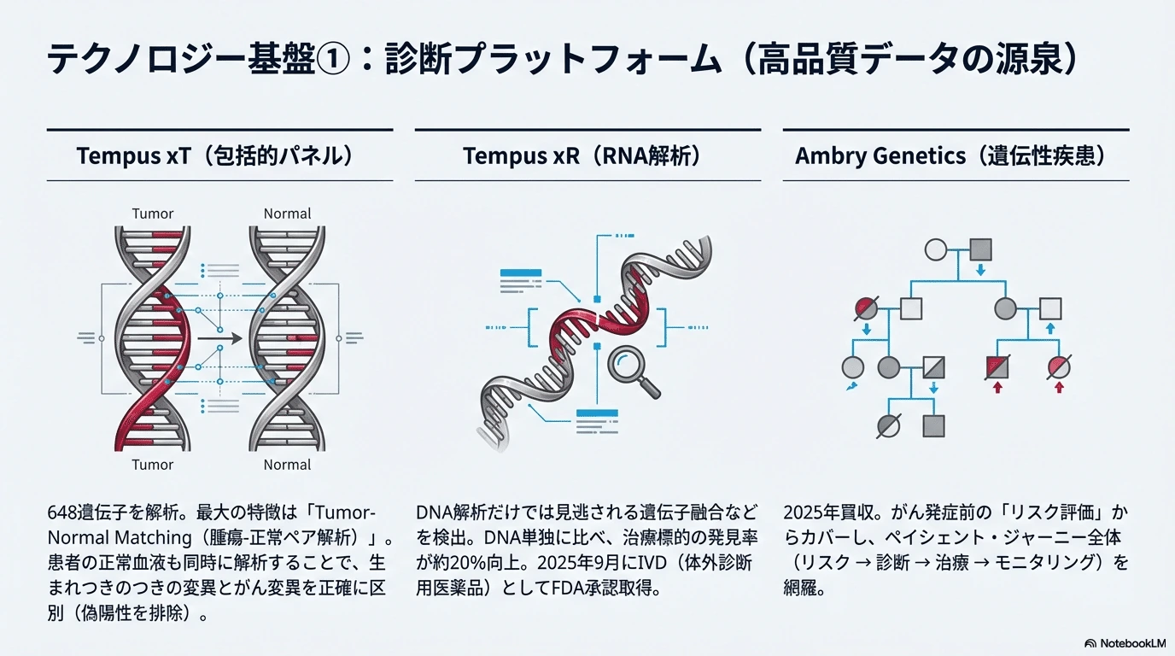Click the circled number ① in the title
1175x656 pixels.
(x=333, y=59)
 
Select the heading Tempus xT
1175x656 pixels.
(x=133, y=155)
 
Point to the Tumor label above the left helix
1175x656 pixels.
(x=152, y=214)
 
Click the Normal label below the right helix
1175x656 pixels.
(x=287, y=465)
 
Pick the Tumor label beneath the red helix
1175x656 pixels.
(x=152, y=465)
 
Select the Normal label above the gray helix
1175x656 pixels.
(x=287, y=214)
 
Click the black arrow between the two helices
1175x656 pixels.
(x=219, y=338)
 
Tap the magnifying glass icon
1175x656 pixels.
(x=633, y=372)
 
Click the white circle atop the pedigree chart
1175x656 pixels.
(x=936, y=249)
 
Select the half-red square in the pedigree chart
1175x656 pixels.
(x=997, y=367)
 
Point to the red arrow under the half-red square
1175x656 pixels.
(x=997, y=387)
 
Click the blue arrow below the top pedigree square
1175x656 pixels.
(x=980, y=270)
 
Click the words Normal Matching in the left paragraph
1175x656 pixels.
(x=120, y=538)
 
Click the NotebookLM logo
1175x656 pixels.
(x=1125, y=643)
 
